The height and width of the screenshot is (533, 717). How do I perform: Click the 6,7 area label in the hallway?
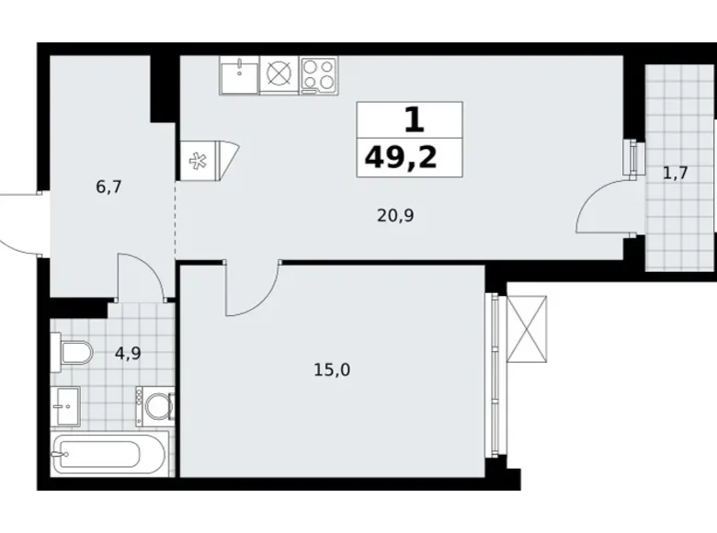coord(108,187)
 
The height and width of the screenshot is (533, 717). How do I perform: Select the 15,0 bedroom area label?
coord(332,370)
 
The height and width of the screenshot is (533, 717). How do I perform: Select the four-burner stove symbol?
coord(318,74)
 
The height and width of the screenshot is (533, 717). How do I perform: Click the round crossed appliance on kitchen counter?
coord(279,74)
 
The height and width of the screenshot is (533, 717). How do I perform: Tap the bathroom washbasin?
coord(65,403)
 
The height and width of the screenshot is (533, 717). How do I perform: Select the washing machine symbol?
coord(156,405)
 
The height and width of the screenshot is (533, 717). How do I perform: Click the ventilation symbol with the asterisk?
coord(197,162)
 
